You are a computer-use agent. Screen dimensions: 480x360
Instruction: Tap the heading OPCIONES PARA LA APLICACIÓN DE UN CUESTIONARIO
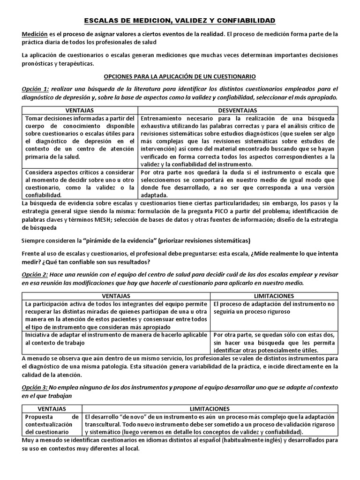point(180,76)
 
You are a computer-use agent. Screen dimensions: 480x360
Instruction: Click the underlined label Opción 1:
point(35,89)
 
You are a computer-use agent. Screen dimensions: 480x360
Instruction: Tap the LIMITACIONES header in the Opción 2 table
point(274,296)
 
